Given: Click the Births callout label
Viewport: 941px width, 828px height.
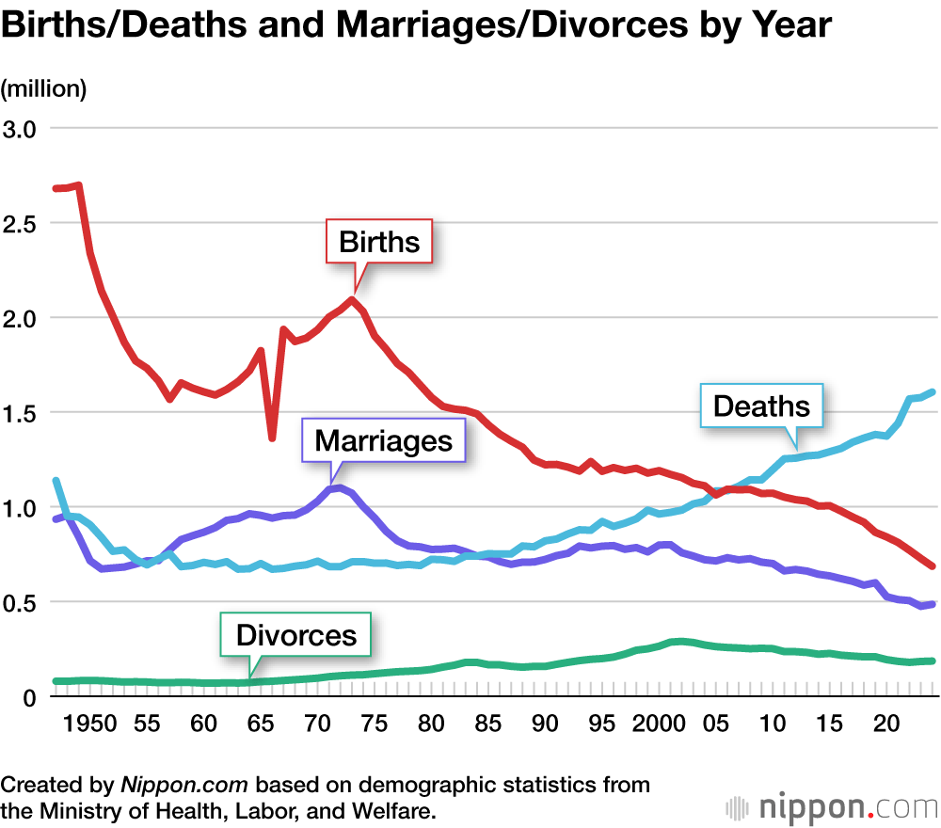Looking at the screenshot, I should (x=378, y=243).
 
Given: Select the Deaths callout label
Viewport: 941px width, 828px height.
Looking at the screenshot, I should (x=761, y=406).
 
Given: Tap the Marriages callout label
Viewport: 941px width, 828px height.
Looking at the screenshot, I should (x=383, y=440).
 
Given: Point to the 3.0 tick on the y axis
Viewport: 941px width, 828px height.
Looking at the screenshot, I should (x=21, y=129).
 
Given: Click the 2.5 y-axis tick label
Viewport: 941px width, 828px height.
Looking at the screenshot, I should (x=21, y=224).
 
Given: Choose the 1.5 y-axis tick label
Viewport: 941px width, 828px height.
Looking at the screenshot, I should (x=21, y=413).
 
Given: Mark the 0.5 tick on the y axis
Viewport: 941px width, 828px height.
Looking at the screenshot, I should (x=21, y=602).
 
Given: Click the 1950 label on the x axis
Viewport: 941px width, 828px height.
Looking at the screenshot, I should (x=90, y=724).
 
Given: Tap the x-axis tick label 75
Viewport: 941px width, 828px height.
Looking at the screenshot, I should (x=375, y=724).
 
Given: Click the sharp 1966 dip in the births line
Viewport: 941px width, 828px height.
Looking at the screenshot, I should (x=272, y=437).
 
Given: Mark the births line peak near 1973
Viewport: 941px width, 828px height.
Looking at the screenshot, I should (x=352, y=300).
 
